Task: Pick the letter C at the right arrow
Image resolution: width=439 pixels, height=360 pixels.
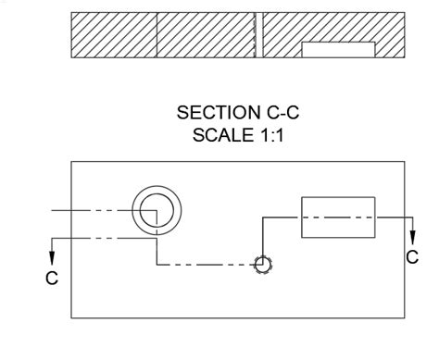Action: (411, 258)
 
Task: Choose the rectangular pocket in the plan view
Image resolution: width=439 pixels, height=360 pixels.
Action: (338, 217)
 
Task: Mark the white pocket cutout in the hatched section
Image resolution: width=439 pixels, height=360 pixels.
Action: (338, 49)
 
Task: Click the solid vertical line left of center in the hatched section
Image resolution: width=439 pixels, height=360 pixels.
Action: (157, 35)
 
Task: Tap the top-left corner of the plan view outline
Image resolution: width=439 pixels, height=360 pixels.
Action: (72, 159)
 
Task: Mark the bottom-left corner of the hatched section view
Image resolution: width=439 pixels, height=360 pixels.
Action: (72, 57)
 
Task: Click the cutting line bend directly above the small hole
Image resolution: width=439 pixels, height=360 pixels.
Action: (262, 217)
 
